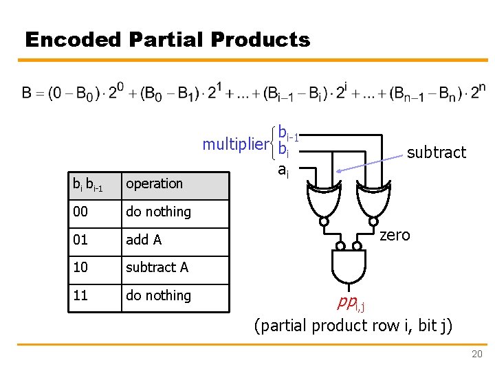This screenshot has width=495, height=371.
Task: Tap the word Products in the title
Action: [x=261, y=40]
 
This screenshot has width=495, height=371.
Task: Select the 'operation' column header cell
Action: [x=175, y=184]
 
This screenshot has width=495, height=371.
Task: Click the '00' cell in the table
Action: [x=94, y=212]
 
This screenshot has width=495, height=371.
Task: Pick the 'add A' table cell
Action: [x=175, y=240]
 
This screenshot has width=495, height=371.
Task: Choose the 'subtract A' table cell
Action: [x=175, y=268]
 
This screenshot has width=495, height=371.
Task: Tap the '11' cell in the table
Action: [x=94, y=296]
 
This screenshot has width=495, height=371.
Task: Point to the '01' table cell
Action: [x=94, y=240]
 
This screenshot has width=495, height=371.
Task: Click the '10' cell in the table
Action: [x=94, y=268]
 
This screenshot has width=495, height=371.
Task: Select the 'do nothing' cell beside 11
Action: [x=175, y=296]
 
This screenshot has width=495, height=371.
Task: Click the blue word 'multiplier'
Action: [x=234, y=144]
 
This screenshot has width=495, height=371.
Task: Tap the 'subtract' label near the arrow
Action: [x=436, y=153]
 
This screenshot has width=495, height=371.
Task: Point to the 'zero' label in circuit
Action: [x=395, y=235]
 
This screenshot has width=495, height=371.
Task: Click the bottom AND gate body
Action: [x=348, y=267]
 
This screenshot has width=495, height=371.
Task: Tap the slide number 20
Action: [x=476, y=355]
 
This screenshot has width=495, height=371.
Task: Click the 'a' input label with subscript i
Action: [x=283, y=170]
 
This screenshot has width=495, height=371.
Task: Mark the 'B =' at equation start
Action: [x=34, y=93]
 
